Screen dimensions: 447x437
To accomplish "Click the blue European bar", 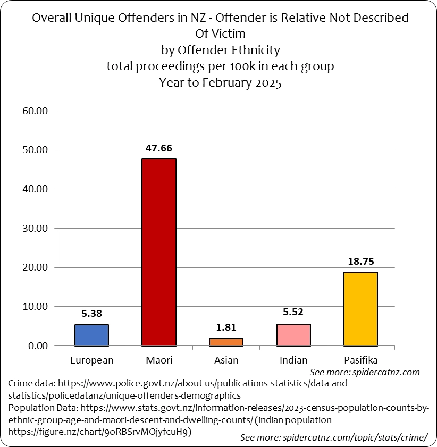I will point(91,335).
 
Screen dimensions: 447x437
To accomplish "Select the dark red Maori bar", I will point(158,252).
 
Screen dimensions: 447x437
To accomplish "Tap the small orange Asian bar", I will point(226,342).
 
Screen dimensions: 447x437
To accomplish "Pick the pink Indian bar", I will point(293,335).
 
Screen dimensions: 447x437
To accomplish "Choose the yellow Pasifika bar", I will point(360,309).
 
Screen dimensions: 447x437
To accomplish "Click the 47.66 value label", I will point(158,148).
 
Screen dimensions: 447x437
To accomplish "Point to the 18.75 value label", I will point(360,262).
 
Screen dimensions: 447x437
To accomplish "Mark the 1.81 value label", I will point(226,328).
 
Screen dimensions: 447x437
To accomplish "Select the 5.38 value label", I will point(91,314).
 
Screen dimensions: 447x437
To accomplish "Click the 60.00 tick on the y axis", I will point(35,111).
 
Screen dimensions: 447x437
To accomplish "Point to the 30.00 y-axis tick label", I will point(35,228).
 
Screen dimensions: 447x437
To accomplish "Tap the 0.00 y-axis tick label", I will point(38,346).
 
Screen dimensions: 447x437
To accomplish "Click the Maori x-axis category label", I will point(159,360).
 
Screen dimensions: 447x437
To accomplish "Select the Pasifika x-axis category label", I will point(360,360).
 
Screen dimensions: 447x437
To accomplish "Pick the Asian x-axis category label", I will point(226,360).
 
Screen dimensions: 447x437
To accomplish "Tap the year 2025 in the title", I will point(267,83).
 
